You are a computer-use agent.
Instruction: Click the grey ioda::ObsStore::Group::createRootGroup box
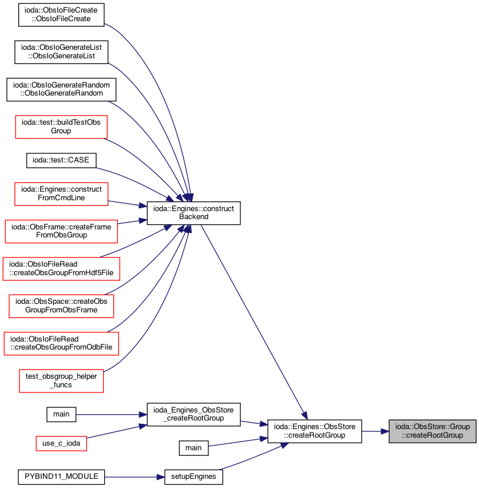(432, 431)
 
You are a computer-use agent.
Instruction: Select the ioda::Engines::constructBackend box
(193, 213)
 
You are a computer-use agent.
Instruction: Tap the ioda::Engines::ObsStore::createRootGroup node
(314, 431)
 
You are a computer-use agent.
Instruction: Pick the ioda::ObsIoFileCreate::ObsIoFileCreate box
(61, 15)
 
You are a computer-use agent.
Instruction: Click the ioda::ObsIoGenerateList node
(61, 52)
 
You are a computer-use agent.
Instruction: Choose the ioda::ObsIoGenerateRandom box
(61, 89)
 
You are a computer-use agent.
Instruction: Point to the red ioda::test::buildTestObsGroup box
(61, 126)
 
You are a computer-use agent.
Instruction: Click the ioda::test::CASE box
(61, 160)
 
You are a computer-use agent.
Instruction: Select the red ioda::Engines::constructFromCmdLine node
(61, 194)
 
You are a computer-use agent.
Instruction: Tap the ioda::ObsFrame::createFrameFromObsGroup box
(61, 231)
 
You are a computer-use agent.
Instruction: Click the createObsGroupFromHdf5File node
(61, 268)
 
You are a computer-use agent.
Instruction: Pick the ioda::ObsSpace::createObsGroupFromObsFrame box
(61, 306)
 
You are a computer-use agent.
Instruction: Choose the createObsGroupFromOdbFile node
(61, 343)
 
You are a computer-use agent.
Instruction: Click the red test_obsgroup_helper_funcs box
(61, 380)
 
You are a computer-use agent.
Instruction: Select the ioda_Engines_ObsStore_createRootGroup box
(193, 414)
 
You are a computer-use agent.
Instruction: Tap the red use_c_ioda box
(61, 443)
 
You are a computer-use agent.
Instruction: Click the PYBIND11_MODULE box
(61, 477)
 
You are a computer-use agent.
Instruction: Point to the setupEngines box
(193, 477)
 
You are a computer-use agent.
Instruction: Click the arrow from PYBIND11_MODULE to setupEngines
(134, 477)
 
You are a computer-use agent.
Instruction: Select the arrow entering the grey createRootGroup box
(375, 431)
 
